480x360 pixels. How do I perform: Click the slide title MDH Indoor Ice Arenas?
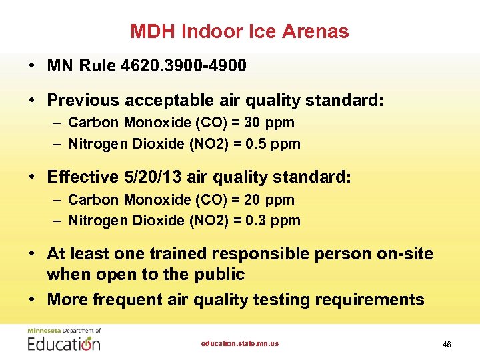(239, 31)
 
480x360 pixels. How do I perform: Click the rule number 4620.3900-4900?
(184, 65)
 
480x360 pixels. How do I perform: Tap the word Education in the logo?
(64, 344)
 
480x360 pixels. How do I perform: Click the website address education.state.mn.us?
(240, 343)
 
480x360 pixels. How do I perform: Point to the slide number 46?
(446, 344)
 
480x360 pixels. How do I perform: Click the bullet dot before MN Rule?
(32, 65)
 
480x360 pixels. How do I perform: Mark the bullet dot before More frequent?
(32, 299)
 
